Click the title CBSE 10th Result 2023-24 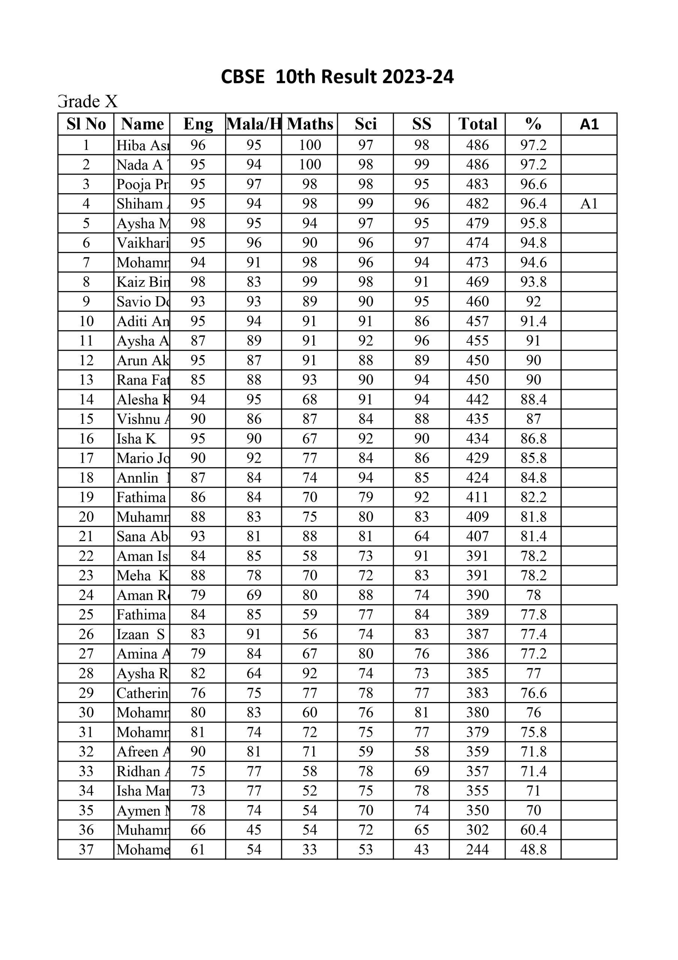337,77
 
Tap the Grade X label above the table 88,102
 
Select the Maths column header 309,124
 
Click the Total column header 478,124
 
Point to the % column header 533,124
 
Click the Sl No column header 86,124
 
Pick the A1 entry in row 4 589,204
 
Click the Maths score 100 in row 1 309,145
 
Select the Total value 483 478,184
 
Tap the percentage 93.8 533,282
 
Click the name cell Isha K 136,439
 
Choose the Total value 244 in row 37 478,849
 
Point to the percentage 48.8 533,849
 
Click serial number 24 86,595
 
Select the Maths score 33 309,849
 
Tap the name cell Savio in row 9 142,301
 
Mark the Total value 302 478,829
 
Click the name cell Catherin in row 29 142,693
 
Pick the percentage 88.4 533,399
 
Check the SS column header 421,124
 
